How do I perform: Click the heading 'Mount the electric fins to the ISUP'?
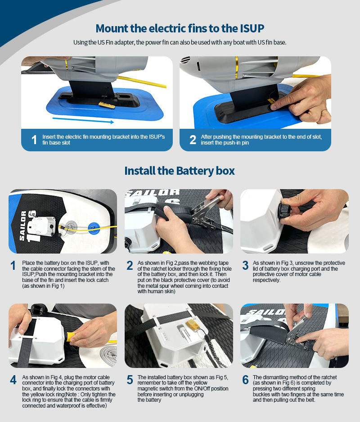(x=180, y=28)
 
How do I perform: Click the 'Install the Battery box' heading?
(x=180, y=171)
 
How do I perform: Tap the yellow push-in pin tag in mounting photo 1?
(x=107, y=104)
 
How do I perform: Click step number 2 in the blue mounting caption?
(x=193, y=140)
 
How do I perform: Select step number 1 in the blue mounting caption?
(x=34, y=140)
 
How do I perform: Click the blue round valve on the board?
(x=94, y=228)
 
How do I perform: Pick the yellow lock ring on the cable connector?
(x=71, y=336)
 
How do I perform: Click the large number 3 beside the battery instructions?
(x=245, y=265)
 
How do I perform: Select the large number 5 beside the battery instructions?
(x=130, y=380)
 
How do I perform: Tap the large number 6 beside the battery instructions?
(x=245, y=380)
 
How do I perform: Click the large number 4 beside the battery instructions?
(x=13, y=380)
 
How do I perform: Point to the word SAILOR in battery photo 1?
(x=23, y=226)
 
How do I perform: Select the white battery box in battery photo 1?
(x=42, y=226)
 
